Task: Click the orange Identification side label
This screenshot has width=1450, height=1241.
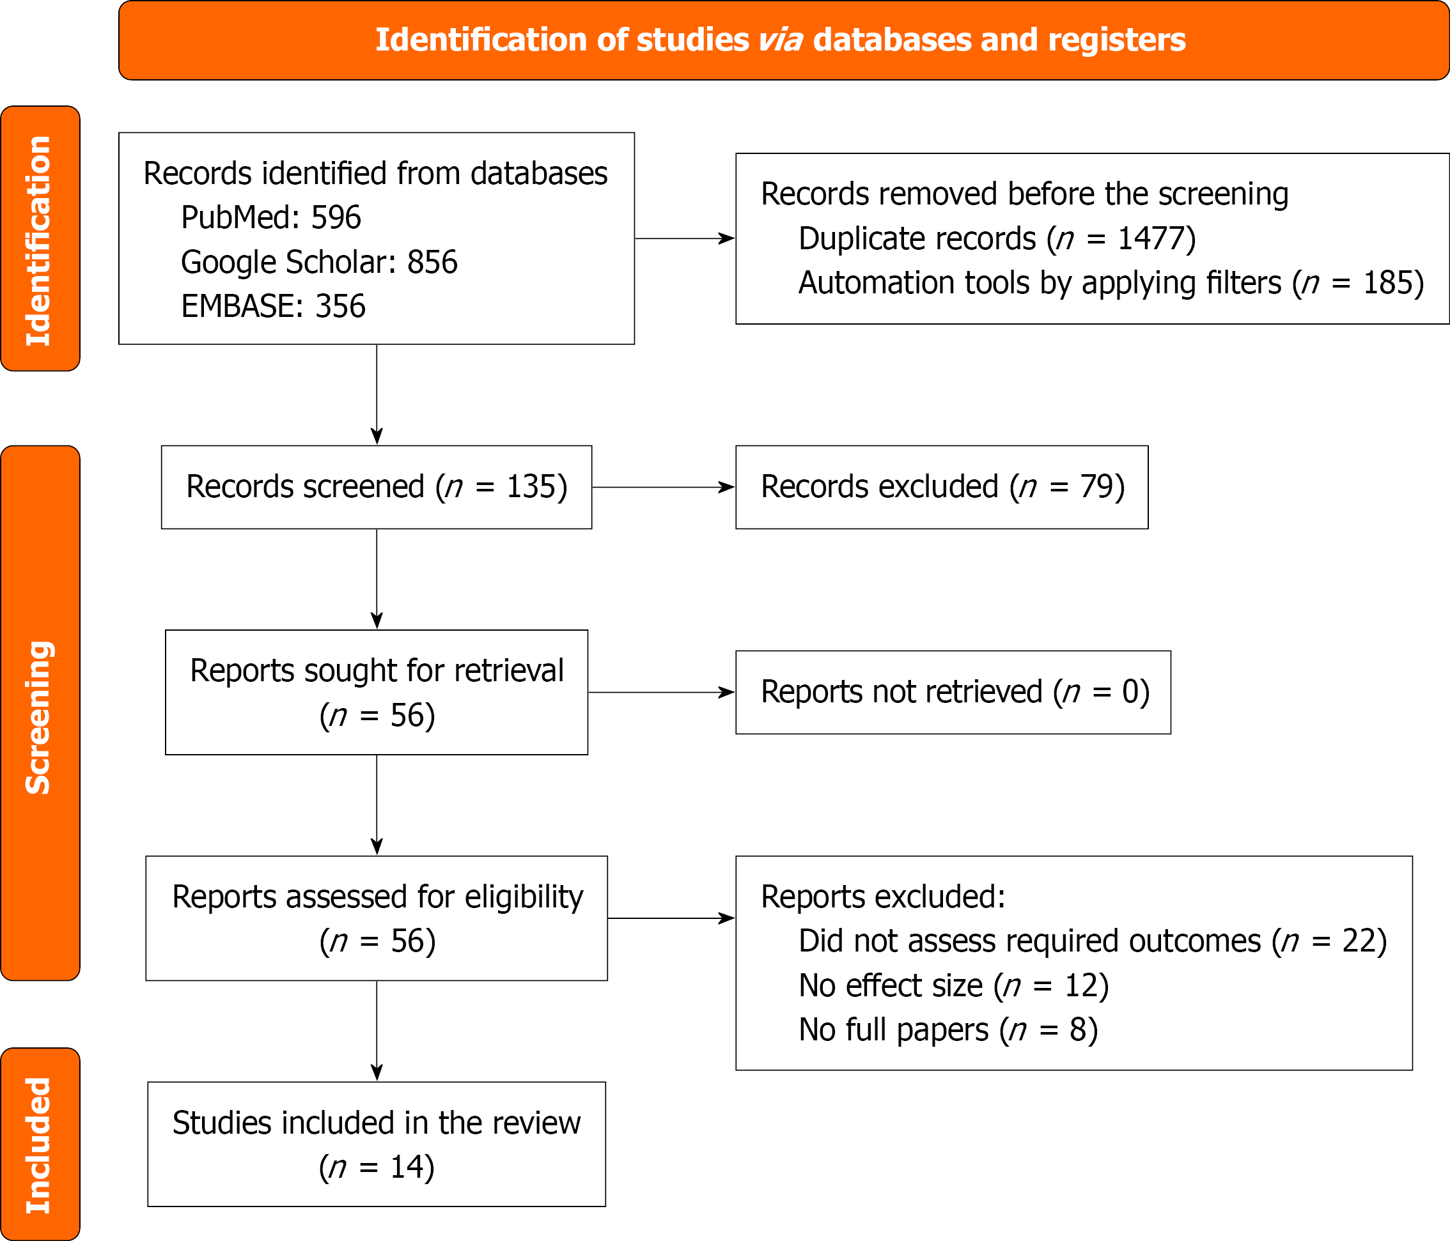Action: click(x=40, y=239)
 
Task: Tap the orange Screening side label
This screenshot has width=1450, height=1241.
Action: click(x=40, y=713)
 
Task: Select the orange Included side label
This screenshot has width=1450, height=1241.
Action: click(x=40, y=1145)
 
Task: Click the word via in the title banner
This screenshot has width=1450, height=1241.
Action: click(x=780, y=40)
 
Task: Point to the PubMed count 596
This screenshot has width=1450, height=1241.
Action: click(x=336, y=217)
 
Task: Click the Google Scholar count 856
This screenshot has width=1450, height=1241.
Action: click(x=432, y=263)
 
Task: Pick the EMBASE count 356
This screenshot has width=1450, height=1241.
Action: click(x=340, y=306)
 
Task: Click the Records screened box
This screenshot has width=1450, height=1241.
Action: click(x=377, y=487)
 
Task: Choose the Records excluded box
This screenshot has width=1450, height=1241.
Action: click(x=942, y=487)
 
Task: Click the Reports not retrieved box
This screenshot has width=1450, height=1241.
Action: click(x=953, y=692)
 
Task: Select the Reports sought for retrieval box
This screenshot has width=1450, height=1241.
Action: click(x=377, y=692)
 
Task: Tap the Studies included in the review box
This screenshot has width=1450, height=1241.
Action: click(x=377, y=1145)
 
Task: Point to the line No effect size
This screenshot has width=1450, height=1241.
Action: click(x=953, y=985)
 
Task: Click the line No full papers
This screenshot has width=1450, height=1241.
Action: click(x=947, y=1029)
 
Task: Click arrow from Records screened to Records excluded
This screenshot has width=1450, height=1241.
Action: click(x=663, y=487)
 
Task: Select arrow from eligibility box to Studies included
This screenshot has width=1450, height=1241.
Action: click(x=377, y=1030)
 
